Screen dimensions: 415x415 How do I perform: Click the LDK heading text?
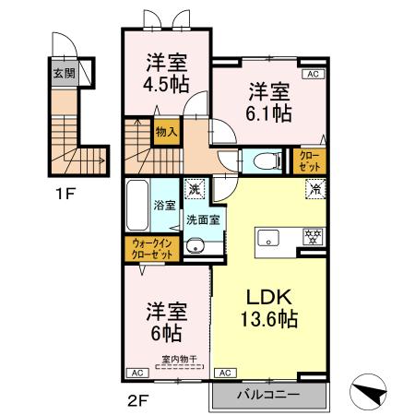268,299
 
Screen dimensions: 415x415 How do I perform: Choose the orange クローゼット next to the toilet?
307,162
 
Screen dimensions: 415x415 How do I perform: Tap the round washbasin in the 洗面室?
195,245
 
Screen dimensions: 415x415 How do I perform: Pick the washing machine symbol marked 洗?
193,188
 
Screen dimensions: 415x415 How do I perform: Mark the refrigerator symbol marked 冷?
314,189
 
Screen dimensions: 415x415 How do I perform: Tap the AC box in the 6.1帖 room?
311,74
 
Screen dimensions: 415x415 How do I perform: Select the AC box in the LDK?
223,373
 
